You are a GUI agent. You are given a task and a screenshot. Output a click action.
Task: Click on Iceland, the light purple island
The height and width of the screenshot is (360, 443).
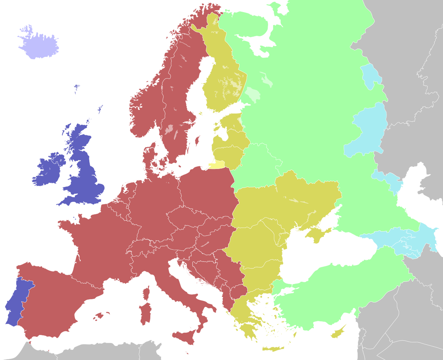coord(39,44)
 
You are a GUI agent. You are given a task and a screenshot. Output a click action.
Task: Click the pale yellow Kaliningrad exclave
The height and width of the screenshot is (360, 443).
coord(217,165)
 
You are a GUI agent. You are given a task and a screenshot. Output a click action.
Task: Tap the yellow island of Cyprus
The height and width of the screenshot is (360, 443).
coord(338,333)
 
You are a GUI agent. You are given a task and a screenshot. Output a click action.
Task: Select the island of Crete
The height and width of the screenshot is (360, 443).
coord(273,349)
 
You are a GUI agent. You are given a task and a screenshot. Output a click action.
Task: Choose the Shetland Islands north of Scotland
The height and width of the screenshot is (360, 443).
coord(100,109)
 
